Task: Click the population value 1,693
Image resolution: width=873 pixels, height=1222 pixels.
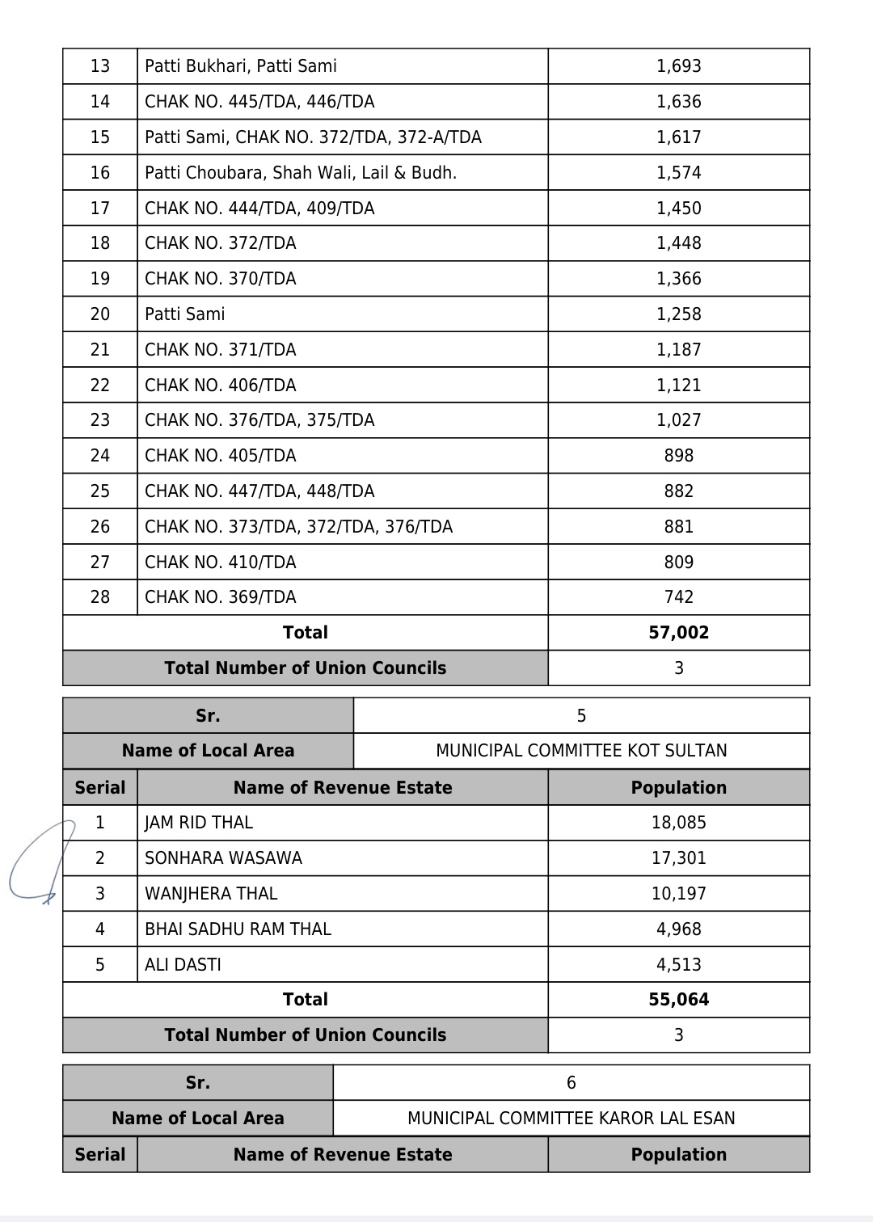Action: tap(678, 66)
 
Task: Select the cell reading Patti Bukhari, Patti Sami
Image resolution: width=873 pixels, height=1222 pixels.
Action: tap(241, 66)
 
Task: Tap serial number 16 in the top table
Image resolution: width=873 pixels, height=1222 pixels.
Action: tap(100, 173)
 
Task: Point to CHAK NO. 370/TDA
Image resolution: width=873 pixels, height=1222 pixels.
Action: tap(221, 279)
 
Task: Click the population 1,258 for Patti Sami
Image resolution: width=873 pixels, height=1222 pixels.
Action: tap(678, 314)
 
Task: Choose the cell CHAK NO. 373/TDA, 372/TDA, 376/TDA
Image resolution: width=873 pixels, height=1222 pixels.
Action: tap(298, 527)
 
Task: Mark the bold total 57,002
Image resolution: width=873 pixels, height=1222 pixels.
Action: tap(678, 633)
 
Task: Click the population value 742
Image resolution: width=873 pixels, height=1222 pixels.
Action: tap(678, 597)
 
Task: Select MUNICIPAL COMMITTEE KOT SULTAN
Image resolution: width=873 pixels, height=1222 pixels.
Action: tap(581, 751)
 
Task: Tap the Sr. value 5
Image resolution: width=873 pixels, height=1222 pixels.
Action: tap(581, 716)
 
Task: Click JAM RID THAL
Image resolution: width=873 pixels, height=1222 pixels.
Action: tap(199, 823)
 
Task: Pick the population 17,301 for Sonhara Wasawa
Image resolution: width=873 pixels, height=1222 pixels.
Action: tap(678, 858)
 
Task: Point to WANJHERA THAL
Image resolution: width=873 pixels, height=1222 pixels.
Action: tap(211, 894)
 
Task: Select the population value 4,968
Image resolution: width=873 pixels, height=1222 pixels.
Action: tap(678, 929)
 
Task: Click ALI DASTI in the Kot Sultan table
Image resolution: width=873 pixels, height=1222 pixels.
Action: tap(183, 965)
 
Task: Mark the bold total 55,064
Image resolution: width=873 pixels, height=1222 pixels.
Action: tap(678, 1000)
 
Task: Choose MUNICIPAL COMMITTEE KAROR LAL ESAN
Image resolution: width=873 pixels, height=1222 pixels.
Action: tap(571, 1119)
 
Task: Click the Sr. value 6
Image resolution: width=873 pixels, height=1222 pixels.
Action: tap(571, 1083)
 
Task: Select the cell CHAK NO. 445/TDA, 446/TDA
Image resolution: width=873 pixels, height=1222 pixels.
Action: tap(259, 102)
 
